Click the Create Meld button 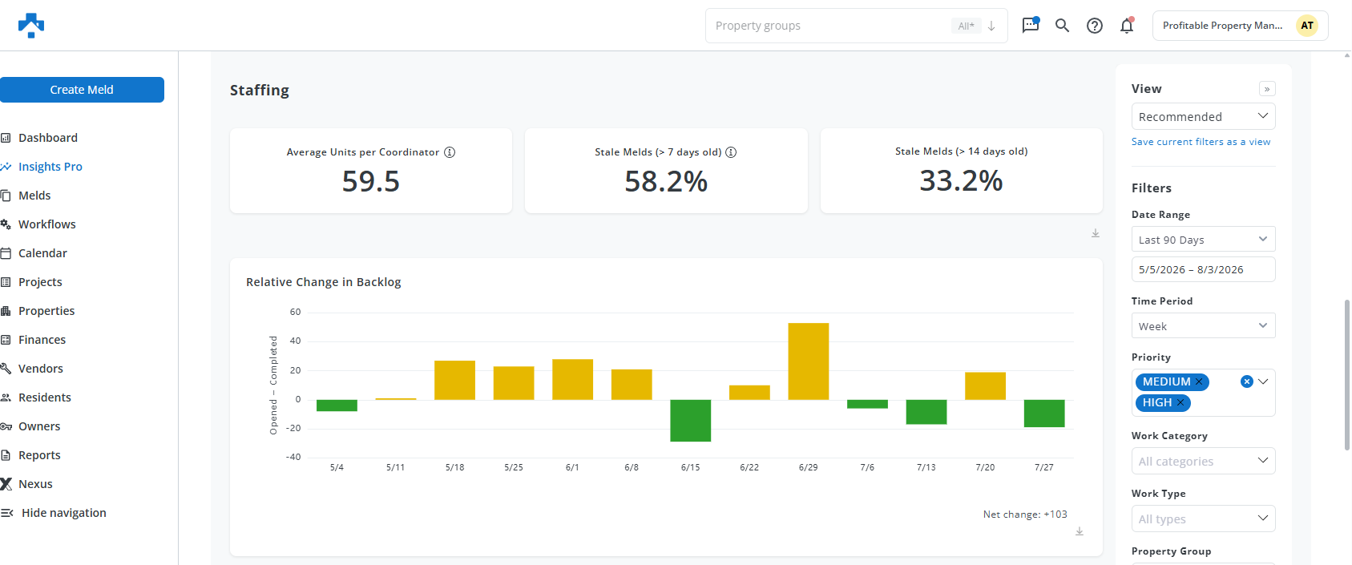(82, 89)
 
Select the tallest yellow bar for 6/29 (808, 361)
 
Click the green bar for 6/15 (691, 420)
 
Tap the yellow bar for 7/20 (985, 385)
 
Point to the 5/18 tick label (454, 467)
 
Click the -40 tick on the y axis (293, 457)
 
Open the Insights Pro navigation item (50, 167)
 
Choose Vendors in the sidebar (40, 368)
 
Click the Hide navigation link (64, 512)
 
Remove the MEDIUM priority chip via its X (1199, 381)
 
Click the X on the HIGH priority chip (1180, 402)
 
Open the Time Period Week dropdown (1203, 326)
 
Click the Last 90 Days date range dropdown (1203, 239)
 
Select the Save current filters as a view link (1201, 142)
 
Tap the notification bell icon (1127, 26)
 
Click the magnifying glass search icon (1063, 26)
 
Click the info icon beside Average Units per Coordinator (450, 152)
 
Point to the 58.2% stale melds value (666, 181)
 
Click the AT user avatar (1307, 26)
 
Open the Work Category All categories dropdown (1203, 461)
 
